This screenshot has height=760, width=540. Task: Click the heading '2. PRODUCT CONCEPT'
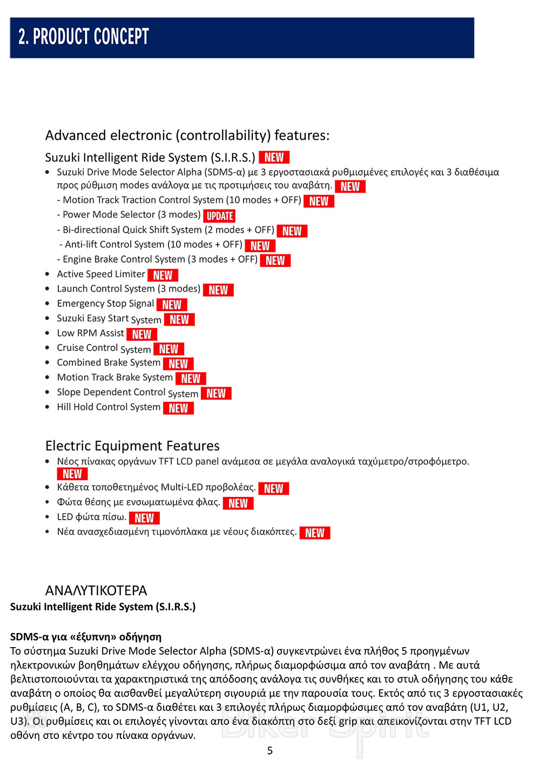pos(84,37)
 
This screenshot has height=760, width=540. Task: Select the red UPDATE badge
pos(220,216)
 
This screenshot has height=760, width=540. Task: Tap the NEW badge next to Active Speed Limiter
pos(163,275)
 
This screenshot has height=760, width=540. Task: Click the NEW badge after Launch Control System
pos(218,290)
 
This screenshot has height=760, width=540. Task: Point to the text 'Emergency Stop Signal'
pos(105,304)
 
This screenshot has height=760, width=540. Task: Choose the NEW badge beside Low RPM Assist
pos(141,334)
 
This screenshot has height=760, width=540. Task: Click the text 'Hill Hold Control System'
pos(109,407)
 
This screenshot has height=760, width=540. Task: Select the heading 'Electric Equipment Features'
pos(132,446)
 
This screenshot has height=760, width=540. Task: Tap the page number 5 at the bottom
pos(270,751)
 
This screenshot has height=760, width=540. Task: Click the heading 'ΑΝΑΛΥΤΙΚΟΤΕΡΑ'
pos(96,590)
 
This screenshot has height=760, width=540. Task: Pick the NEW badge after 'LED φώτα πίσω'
pos(144,518)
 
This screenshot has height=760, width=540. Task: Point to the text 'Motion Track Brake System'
pos(114,378)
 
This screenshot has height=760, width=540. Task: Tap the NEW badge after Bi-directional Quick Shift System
pos(292,231)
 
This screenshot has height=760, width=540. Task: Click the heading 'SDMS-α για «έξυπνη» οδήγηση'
pos(86,637)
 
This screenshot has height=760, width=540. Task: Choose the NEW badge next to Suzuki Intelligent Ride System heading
pos(274,157)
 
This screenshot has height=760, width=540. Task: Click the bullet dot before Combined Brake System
pos(48,363)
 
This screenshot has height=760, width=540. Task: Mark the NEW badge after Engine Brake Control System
pos(275,260)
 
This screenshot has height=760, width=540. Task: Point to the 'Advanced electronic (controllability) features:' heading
pos(187,136)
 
